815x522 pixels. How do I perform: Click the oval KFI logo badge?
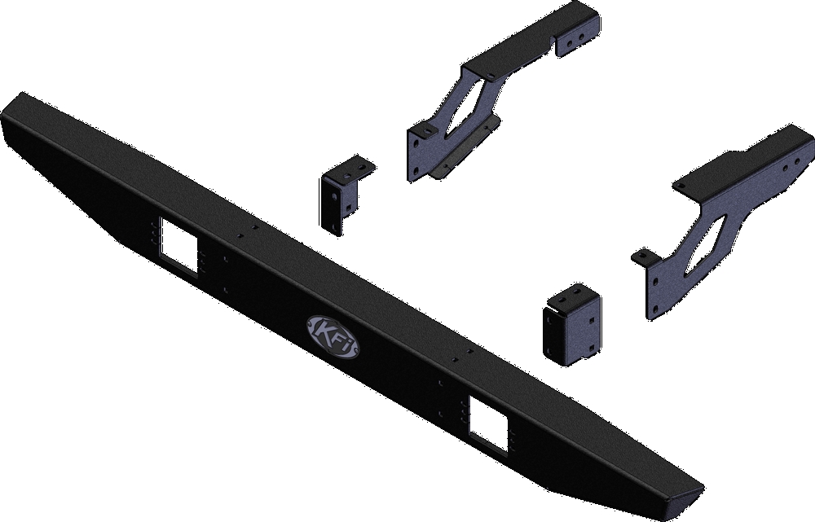pyautogui.click(x=333, y=336)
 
